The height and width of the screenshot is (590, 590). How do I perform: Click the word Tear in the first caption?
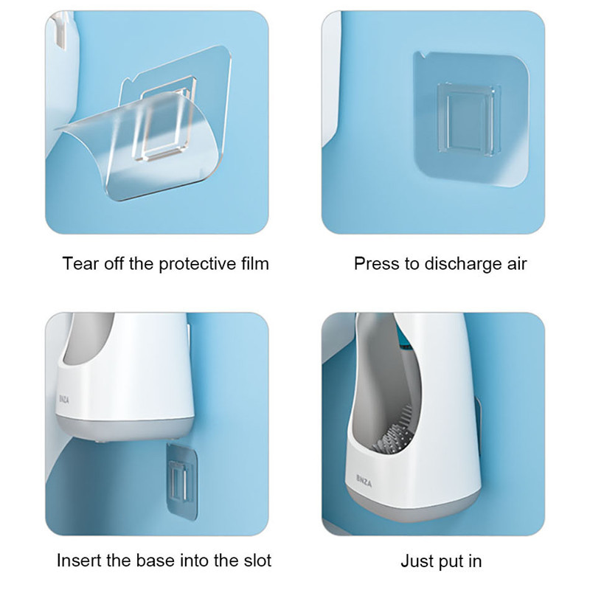tap(80, 263)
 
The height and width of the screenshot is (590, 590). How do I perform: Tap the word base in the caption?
tap(154, 560)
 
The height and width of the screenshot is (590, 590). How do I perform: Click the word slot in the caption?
tap(258, 560)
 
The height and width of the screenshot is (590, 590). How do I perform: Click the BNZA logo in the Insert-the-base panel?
tap(64, 399)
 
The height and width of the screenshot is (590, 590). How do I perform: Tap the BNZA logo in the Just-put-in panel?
tap(364, 481)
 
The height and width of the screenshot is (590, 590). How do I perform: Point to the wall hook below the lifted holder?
tap(181, 481)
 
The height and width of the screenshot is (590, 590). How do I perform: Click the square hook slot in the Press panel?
tap(469, 119)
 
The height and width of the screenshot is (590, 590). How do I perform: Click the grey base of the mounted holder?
tap(413, 506)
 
